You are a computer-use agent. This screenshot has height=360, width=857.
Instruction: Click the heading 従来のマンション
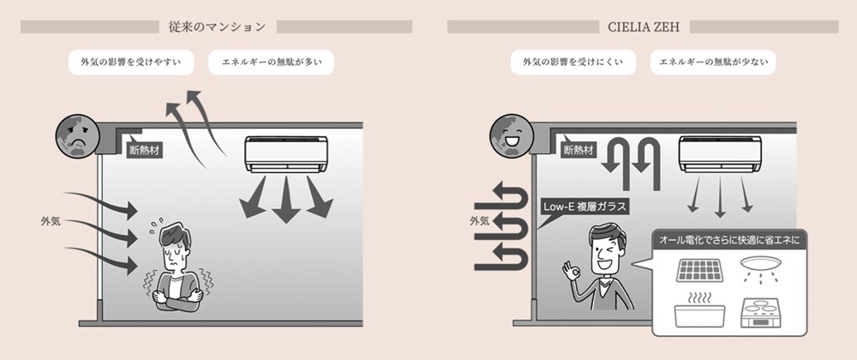218,27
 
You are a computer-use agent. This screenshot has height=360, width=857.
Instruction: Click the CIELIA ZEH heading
644,27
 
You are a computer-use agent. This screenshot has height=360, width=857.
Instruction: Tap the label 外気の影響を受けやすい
132,63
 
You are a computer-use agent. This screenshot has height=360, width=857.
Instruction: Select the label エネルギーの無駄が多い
271,63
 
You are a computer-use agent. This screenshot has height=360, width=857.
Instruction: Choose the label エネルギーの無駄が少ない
713,63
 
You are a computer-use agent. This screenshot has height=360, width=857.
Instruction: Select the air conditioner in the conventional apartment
286,154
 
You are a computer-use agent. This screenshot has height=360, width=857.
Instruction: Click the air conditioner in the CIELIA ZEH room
720,154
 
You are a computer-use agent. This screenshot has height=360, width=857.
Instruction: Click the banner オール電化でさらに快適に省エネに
729,240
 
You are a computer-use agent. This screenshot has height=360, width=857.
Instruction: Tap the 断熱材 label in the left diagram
144,149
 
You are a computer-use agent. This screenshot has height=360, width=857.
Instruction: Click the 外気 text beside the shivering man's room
51,222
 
